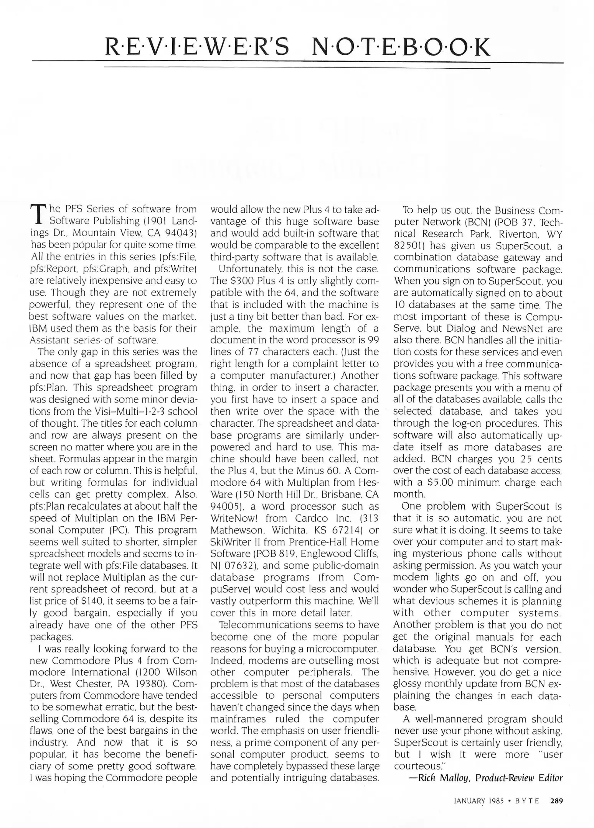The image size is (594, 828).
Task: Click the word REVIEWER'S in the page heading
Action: tap(197, 47)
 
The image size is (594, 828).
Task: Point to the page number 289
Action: tap(556, 801)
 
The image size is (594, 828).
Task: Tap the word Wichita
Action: tap(287, 530)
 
